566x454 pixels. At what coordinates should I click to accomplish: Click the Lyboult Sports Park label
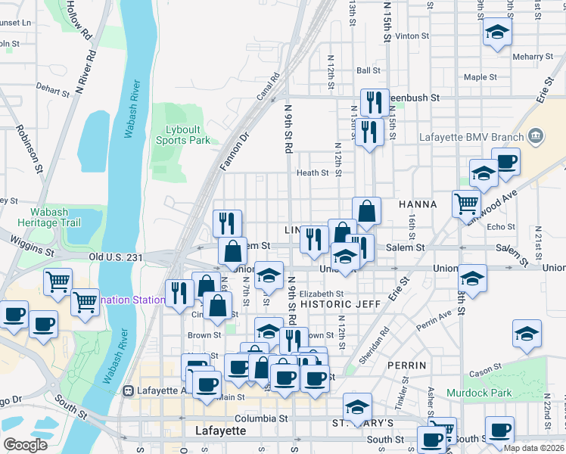[182, 135]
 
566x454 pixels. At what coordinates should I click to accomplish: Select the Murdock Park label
[479, 393]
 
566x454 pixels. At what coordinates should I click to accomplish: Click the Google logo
[25, 445]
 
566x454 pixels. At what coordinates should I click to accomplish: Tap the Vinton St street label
[412, 36]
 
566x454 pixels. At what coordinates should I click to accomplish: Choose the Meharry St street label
[532, 57]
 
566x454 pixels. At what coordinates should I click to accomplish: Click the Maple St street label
[480, 77]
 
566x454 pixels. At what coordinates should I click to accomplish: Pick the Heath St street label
[313, 173]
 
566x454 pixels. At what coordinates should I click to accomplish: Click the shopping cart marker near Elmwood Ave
[466, 202]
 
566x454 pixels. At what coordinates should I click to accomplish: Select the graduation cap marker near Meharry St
[497, 32]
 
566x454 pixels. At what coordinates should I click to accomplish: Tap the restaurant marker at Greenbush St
[375, 101]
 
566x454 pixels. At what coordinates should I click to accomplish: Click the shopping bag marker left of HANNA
[366, 211]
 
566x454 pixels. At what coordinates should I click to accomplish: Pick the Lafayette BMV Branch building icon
[536, 136]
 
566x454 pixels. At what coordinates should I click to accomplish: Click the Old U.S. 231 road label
[115, 257]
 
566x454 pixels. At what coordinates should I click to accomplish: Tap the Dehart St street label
[51, 89]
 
